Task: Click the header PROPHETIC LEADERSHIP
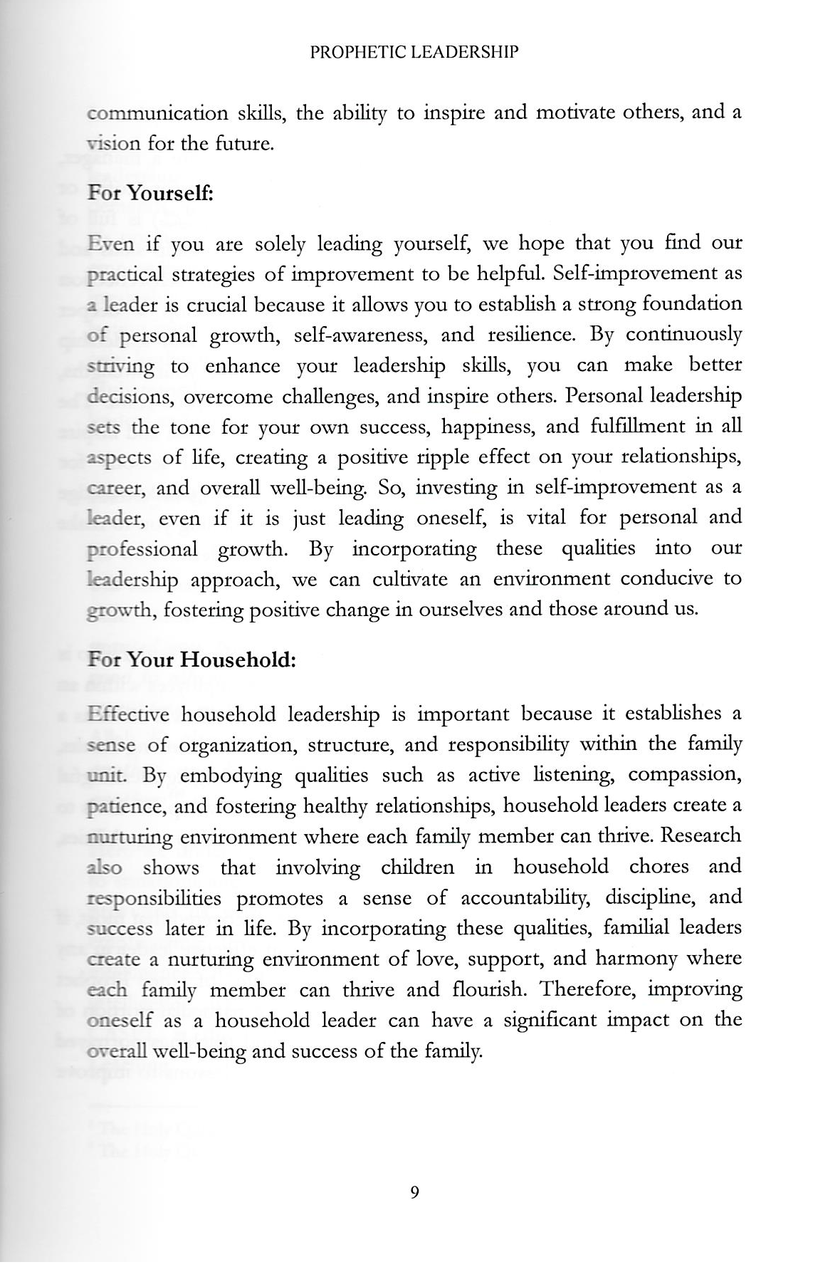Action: pos(414,52)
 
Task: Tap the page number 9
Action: pos(414,1192)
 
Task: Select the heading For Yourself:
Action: pos(150,193)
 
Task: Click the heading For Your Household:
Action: pos(191,660)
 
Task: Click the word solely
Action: pos(279,244)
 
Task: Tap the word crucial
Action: pos(218,306)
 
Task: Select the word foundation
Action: pos(692,304)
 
